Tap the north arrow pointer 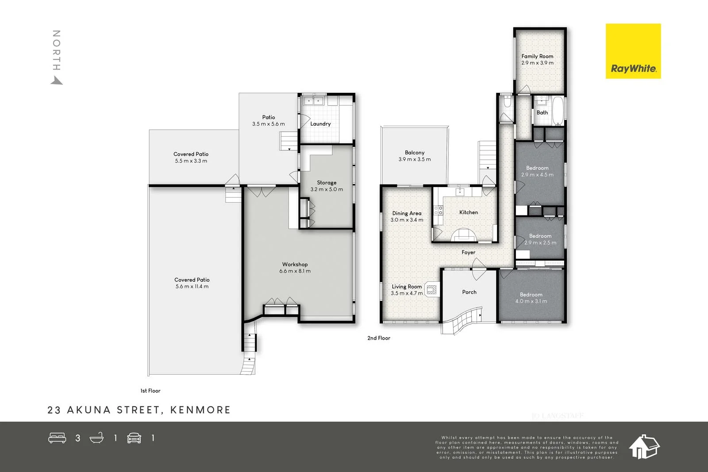tap(57, 81)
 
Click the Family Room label tap(537, 56)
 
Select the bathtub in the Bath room tap(558, 111)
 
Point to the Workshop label tap(295, 265)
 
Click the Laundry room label tap(320, 124)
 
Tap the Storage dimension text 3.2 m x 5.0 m tap(327, 189)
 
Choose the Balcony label tap(415, 153)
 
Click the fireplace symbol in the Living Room tap(431, 290)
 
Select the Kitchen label tap(469, 212)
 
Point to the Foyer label tap(469, 253)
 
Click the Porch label tap(469, 292)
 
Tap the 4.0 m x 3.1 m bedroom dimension tap(531, 301)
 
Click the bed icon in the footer tap(57, 438)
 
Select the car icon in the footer tap(134, 438)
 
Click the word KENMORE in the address tap(200, 410)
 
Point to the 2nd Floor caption tap(379, 338)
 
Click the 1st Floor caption tap(150, 391)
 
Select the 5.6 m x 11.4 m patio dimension tap(192, 287)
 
